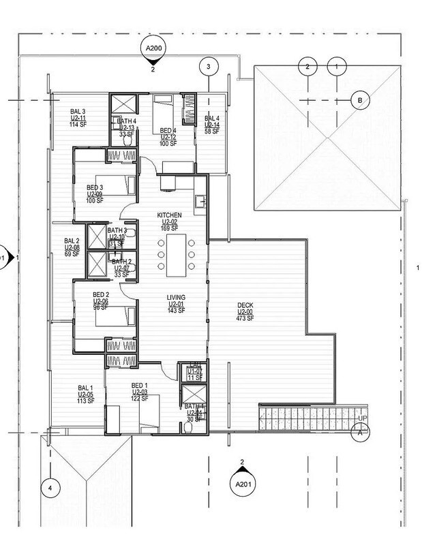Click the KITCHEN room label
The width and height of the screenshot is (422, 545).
pos(169,215)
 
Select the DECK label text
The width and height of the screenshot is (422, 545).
pos(245,305)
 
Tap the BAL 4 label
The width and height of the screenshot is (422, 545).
pos(212,119)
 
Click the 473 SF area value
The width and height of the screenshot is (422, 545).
pos(245,318)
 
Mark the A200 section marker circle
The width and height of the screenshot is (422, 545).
pos(153,48)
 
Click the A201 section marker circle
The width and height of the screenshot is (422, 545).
pos(242,484)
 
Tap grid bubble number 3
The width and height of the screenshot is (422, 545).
pos(209,66)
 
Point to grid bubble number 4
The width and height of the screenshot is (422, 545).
pos(50,487)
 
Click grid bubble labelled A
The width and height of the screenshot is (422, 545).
pos(360,431)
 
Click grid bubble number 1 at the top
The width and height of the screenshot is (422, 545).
pos(335,66)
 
